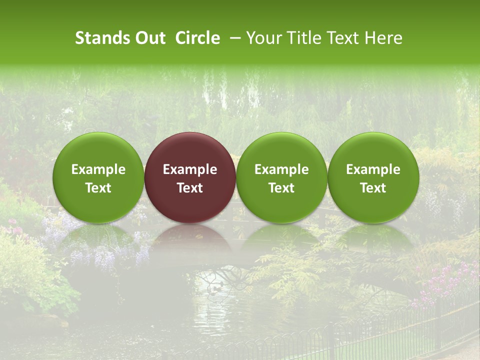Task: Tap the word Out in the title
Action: (x=149, y=38)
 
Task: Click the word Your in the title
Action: (x=264, y=38)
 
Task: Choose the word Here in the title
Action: (x=384, y=38)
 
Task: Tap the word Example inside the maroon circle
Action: (x=190, y=169)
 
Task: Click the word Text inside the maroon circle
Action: (x=190, y=188)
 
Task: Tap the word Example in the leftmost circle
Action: (x=98, y=169)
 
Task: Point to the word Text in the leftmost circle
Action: (x=98, y=188)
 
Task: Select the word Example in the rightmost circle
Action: (x=373, y=169)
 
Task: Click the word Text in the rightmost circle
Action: (x=373, y=188)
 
